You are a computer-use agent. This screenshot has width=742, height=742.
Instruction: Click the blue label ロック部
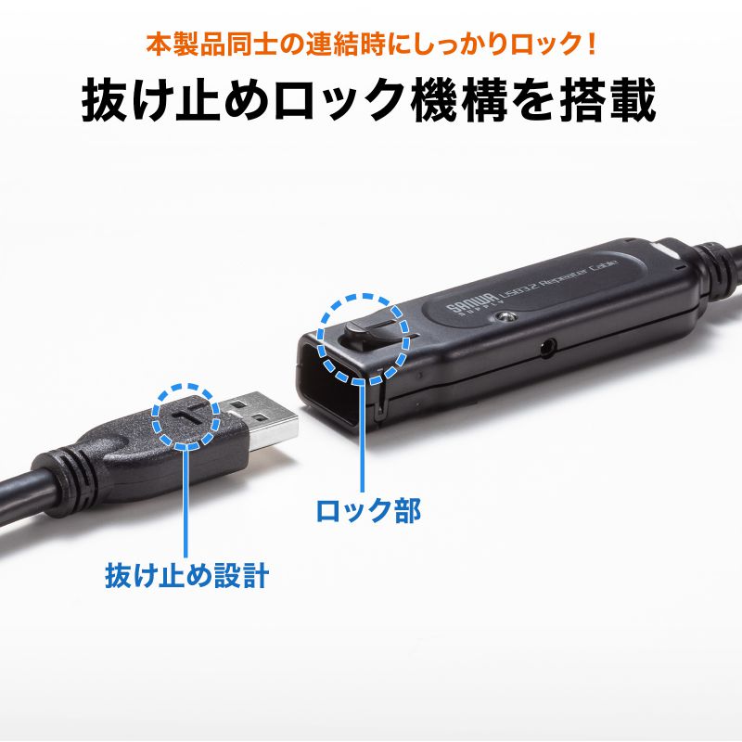pyautogui.click(x=369, y=510)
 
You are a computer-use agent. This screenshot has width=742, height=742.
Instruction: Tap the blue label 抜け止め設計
pyautogui.click(x=186, y=576)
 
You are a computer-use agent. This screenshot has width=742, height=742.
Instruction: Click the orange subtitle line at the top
pyautogui.click(x=370, y=44)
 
